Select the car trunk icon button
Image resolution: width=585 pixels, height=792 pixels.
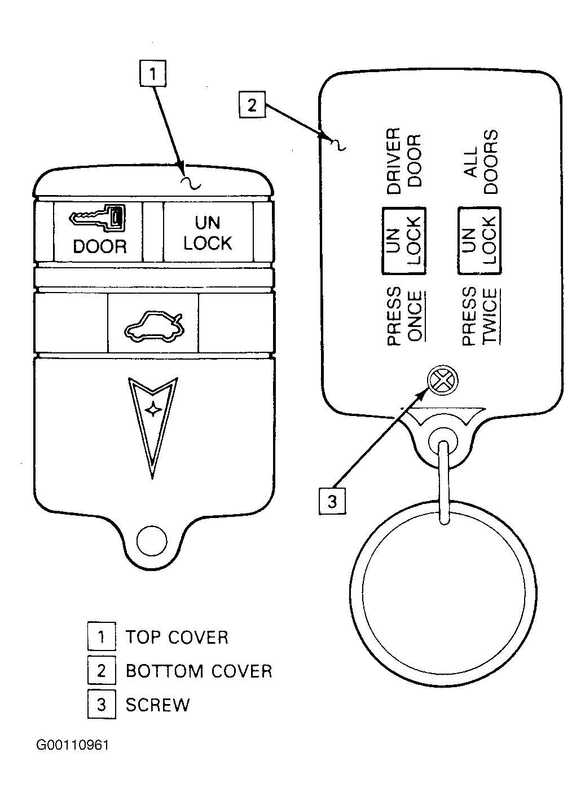pos(153,323)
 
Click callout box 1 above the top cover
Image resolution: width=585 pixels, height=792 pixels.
pos(152,73)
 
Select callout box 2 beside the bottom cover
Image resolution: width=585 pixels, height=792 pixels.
pos(252,105)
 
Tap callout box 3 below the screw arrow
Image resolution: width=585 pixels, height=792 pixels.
pos(332,501)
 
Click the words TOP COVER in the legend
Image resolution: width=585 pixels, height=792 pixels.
pos(177,638)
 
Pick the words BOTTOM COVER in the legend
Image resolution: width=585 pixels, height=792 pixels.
pos(199,671)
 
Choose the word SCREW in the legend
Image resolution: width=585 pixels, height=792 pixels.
pos(157,705)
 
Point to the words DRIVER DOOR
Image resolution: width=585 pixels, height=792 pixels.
pos(404,161)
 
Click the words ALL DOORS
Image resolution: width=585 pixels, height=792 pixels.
pos(481,162)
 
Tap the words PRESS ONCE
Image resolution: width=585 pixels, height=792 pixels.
pos(405,316)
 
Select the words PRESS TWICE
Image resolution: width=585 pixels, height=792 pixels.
pos(481,316)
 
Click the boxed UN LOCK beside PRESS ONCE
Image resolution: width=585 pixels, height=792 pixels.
pos(404,241)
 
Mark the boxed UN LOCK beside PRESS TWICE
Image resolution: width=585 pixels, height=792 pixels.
pos(480,241)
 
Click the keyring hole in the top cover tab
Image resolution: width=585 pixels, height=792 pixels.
pos(152,541)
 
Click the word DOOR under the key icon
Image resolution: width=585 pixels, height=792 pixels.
pos(100,246)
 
